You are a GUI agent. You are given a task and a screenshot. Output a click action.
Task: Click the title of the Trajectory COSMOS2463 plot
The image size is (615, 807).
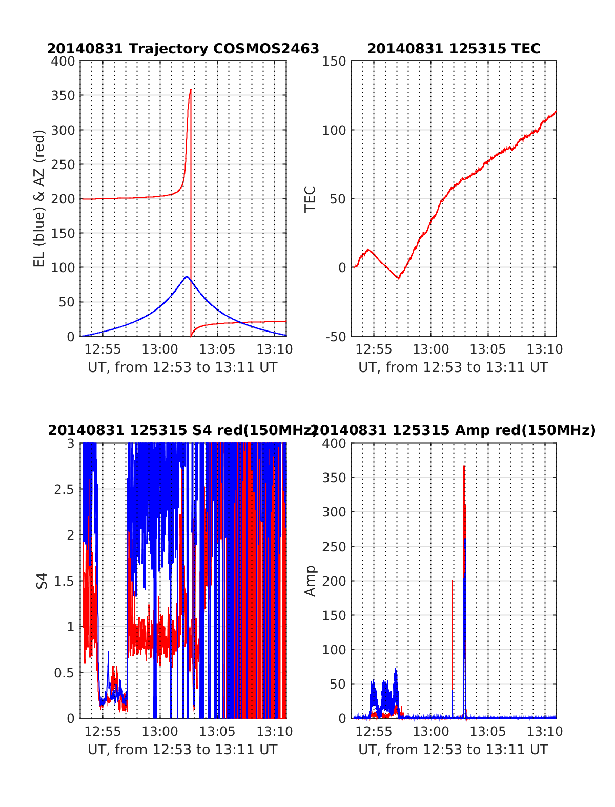183,49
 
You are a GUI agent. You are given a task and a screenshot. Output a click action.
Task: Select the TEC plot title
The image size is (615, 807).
454,49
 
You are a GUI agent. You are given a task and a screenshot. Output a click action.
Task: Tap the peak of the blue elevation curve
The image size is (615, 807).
187,277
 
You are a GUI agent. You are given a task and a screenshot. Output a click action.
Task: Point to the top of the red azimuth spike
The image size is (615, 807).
191,90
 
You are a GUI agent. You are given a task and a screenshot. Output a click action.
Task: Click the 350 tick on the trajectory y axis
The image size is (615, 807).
63,96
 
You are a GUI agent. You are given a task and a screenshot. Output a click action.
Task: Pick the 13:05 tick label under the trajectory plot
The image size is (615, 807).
217,349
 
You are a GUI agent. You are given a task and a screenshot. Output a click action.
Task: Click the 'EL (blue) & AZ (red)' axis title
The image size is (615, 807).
39,198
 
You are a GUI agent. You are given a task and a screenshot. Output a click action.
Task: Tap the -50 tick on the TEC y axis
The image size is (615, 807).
336,337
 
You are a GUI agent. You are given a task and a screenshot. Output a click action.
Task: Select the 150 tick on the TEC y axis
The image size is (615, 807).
335,61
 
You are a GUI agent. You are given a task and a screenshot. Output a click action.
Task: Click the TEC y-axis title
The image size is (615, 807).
310,199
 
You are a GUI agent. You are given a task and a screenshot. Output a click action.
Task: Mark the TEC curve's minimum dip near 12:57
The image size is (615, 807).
398,278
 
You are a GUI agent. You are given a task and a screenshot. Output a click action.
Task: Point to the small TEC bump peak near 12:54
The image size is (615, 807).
367,250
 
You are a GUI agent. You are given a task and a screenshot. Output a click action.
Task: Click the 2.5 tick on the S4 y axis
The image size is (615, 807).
64,489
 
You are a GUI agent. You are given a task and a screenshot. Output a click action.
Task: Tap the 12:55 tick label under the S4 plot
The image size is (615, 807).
103,732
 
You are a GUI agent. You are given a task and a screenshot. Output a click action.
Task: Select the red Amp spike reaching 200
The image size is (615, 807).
452,582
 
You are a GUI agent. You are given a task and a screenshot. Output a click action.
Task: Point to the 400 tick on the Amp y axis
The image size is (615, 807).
335,443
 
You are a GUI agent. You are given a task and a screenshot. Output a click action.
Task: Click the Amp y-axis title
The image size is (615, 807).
310,581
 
